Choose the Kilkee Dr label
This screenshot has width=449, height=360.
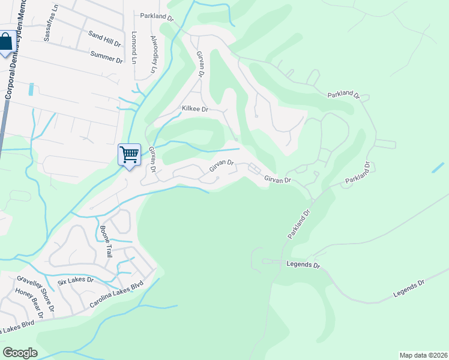tap(194, 109)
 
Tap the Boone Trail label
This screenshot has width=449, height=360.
tap(106, 241)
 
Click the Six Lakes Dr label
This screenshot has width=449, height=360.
tap(76, 280)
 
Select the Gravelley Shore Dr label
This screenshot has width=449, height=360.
tap(35, 293)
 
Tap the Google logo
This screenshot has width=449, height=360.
tap(20, 353)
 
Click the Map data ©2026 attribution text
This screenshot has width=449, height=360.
tap(423, 355)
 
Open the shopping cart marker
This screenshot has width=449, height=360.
tap(129, 155)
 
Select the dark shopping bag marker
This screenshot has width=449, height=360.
tap(6, 43)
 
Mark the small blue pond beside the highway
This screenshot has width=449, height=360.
tap(31, 89)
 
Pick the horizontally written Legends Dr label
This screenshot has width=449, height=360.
tap(304, 264)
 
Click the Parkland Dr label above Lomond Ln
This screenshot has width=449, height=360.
tap(156, 17)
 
